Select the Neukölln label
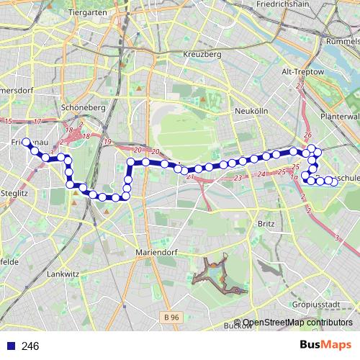click(x=251, y=112)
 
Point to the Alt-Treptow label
click(x=300, y=72)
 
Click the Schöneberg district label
click(x=84, y=107)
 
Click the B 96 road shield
click(x=171, y=316)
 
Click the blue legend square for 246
click(x=10, y=346)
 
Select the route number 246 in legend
click(x=30, y=346)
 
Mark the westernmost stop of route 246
click(x=26, y=142)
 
